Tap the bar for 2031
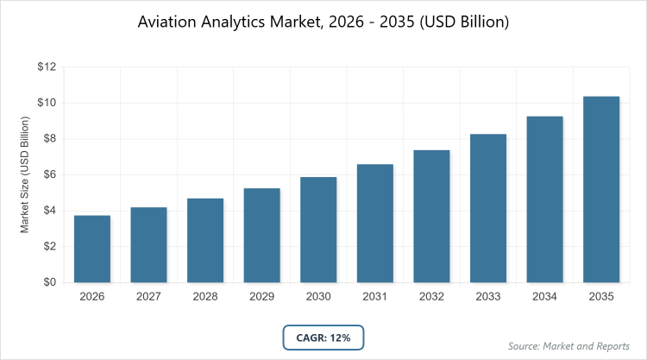[x=375, y=224]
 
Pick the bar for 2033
[x=488, y=208]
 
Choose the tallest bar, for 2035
[x=601, y=189]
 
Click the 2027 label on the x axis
[x=149, y=296]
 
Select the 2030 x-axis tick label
[x=318, y=296]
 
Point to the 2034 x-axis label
[x=544, y=296]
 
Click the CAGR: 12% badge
[x=323, y=338]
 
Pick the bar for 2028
[x=205, y=241]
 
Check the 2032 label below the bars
[x=431, y=296]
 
